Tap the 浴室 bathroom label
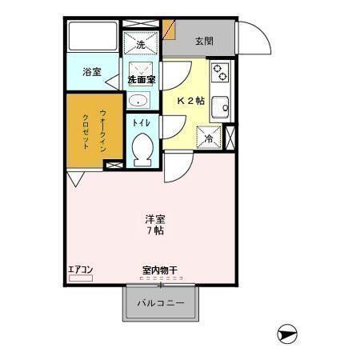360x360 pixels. click(92, 72)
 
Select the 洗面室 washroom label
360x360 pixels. click(142, 80)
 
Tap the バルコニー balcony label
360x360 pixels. click(160, 304)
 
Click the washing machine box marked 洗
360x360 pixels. click(142, 44)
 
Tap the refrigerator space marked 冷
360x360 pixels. click(210, 138)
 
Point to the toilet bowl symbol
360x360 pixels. click(143, 149)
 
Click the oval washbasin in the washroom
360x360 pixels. click(138, 101)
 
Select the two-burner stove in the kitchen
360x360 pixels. click(219, 74)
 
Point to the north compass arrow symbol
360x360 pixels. click(288, 334)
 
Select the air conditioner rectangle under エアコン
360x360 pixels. click(80, 278)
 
